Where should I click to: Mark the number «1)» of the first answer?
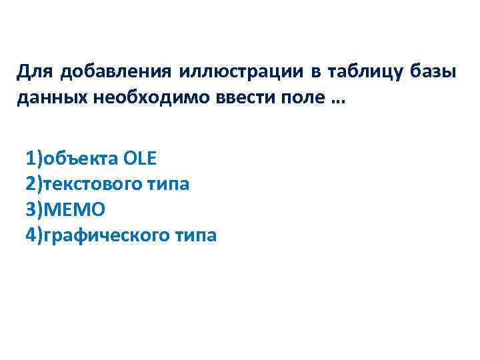click(34, 159)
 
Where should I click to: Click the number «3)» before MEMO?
click(34, 209)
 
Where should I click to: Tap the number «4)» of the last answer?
click(34, 235)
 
